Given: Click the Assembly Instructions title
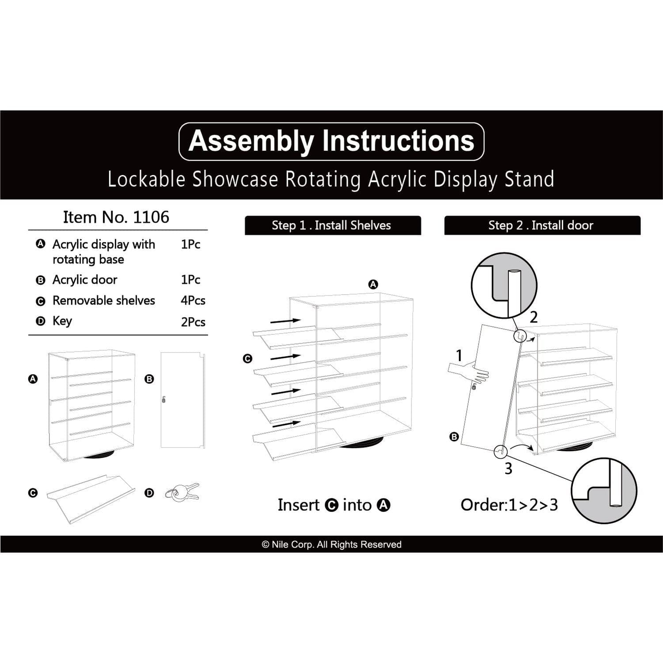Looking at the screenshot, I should coord(331,141).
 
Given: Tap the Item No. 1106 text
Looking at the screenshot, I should coord(116,217).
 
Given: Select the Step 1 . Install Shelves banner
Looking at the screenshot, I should coord(332,226).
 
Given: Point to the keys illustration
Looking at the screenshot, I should coord(183,492).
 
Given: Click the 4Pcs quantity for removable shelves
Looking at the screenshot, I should coord(193,301).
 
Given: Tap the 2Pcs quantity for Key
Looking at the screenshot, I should coord(193,322).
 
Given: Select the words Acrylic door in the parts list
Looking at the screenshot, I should coord(85,280).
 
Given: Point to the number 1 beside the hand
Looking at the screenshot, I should coord(459,355).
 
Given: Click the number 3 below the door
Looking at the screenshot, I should coord(508,468).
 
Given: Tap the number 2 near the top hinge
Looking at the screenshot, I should coord(533,317).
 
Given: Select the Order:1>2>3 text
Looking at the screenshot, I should coord(509,505).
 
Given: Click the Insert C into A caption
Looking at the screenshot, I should coord(334,505).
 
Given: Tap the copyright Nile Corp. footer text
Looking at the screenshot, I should coord(331,544).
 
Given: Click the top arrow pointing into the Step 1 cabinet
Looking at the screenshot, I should coord(285,321).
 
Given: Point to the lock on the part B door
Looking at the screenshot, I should coord(164,400).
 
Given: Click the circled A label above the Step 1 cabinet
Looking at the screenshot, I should coord(373,284).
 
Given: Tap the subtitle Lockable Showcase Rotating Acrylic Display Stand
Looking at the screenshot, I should coord(331,180).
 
